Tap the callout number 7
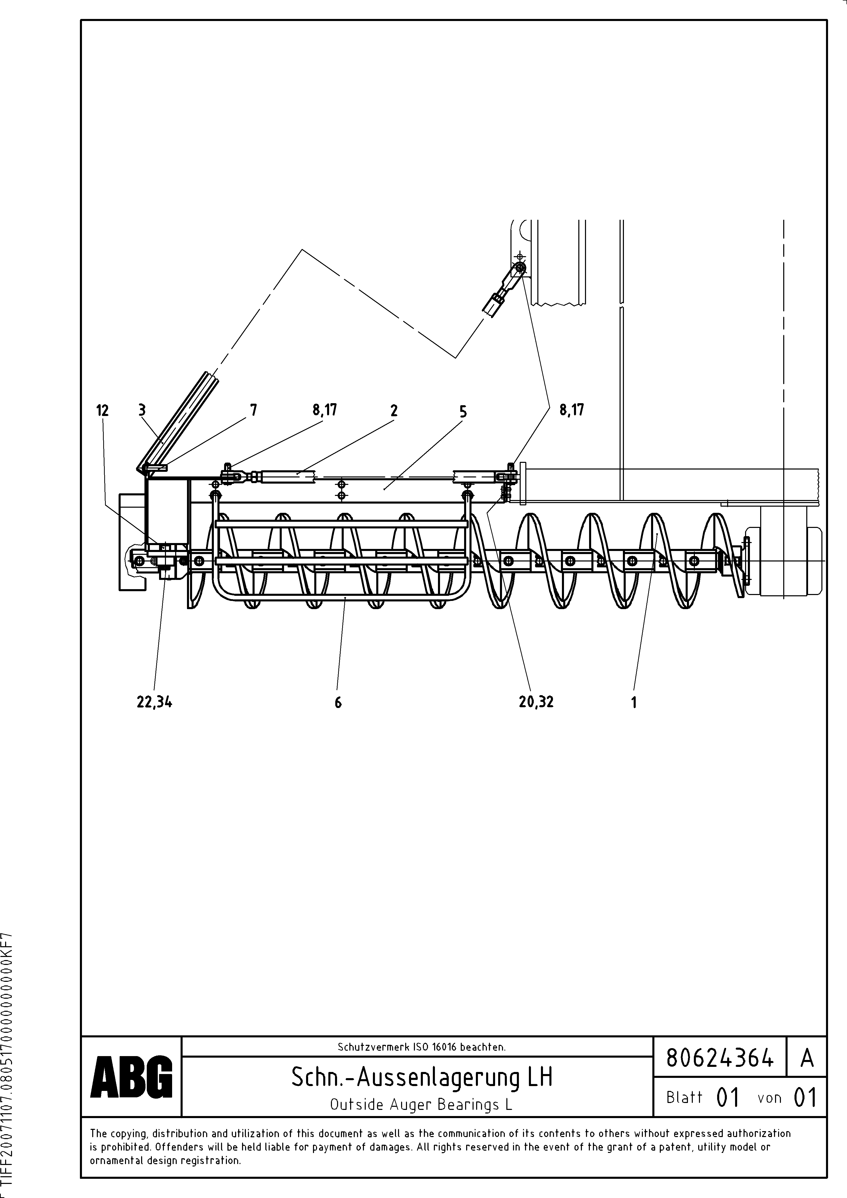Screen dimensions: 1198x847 254,410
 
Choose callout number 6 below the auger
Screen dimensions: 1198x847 338,703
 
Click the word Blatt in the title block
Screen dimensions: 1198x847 684,1097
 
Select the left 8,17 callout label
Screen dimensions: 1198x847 325,410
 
